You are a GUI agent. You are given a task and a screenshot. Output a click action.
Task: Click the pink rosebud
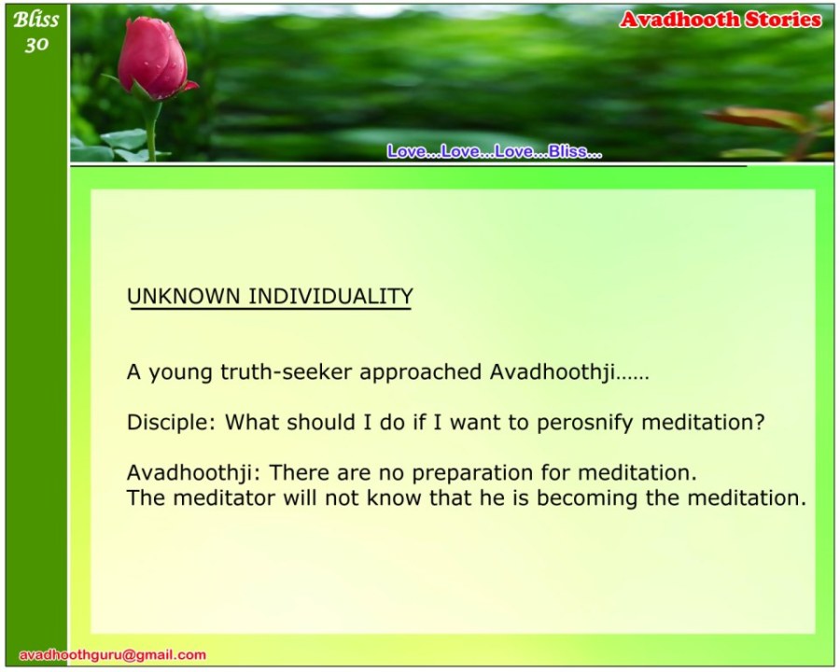click(x=154, y=58)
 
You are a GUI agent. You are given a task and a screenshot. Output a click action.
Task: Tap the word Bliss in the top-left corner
click(x=35, y=20)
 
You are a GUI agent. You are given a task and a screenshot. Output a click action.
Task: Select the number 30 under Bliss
click(x=36, y=45)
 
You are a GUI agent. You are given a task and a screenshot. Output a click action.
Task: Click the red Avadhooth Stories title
click(x=721, y=20)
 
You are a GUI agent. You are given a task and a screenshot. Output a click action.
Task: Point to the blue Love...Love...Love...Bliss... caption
click(x=495, y=151)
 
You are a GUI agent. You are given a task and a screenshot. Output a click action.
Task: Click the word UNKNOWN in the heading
click(x=183, y=297)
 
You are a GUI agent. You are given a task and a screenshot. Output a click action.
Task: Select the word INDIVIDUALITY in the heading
click(x=330, y=297)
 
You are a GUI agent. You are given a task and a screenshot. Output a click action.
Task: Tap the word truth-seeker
click(x=287, y=371)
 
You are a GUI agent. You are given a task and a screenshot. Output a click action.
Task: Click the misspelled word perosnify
click(x=585, y=423)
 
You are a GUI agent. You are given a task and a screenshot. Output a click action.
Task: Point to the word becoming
click(x=587, y=499)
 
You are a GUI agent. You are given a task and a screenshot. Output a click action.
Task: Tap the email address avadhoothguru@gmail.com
click(x=113, y=655)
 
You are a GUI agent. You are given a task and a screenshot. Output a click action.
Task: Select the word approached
click(x=421, y=372)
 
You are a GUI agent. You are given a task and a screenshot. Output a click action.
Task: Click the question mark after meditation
click(x=759, y=422)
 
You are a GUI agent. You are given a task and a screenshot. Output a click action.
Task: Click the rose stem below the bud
click(x=151, y=129)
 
